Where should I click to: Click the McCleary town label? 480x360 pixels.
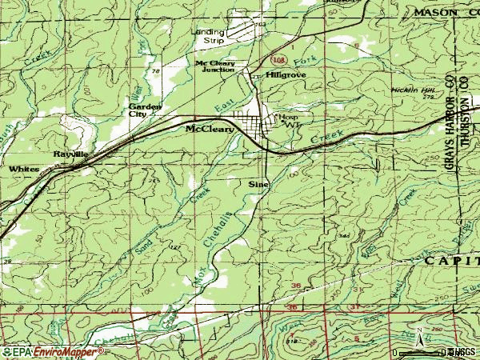[210, 128]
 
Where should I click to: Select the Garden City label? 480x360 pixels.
[146, 110]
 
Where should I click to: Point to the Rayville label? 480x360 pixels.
[70, 152]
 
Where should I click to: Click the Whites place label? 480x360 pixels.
[24, 170]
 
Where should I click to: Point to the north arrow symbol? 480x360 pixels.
[418, 334]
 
